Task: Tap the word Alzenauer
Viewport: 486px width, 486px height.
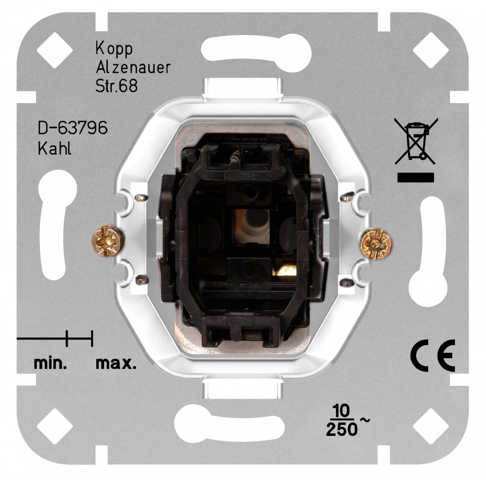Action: [133, 68]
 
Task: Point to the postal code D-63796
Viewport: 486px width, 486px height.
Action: [72, 130]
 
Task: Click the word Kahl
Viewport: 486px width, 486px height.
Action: [54, 148]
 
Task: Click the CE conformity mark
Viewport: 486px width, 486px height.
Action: [432, 355]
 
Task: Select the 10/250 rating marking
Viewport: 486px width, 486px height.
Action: [342, 421]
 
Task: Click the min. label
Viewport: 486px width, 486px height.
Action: [50, 363]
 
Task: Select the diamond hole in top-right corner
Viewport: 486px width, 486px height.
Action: [430, 51]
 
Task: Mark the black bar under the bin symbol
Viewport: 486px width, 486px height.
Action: [416, 177]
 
